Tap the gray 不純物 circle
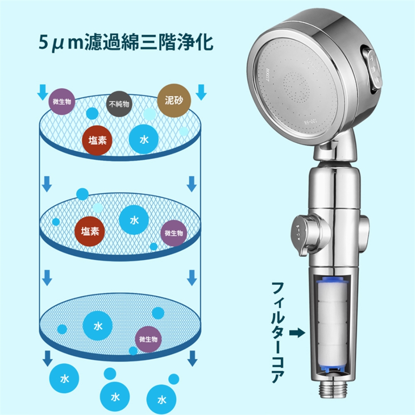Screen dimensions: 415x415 (x=119, y=104)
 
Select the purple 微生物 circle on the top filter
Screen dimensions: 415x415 (x=62, y=102)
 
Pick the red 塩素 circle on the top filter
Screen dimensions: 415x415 (x=97, y=140)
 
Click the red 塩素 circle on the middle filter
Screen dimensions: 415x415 (x=90, y=231)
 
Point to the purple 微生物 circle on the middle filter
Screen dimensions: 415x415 (x=174, y=233)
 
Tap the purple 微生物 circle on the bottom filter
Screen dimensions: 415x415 (x=148, y=339)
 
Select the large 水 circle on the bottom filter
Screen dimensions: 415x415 (x=98, y=326)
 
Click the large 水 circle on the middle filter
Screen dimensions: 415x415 (x=134, y=220)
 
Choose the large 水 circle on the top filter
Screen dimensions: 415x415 (x=144, y=139)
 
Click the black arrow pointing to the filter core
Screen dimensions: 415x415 (x=297, y=333)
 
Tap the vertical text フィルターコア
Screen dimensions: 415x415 (x=278, y=332)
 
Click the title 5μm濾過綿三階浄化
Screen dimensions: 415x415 (x=126, y=42)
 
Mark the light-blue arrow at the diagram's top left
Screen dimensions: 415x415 (x=43, y=92)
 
